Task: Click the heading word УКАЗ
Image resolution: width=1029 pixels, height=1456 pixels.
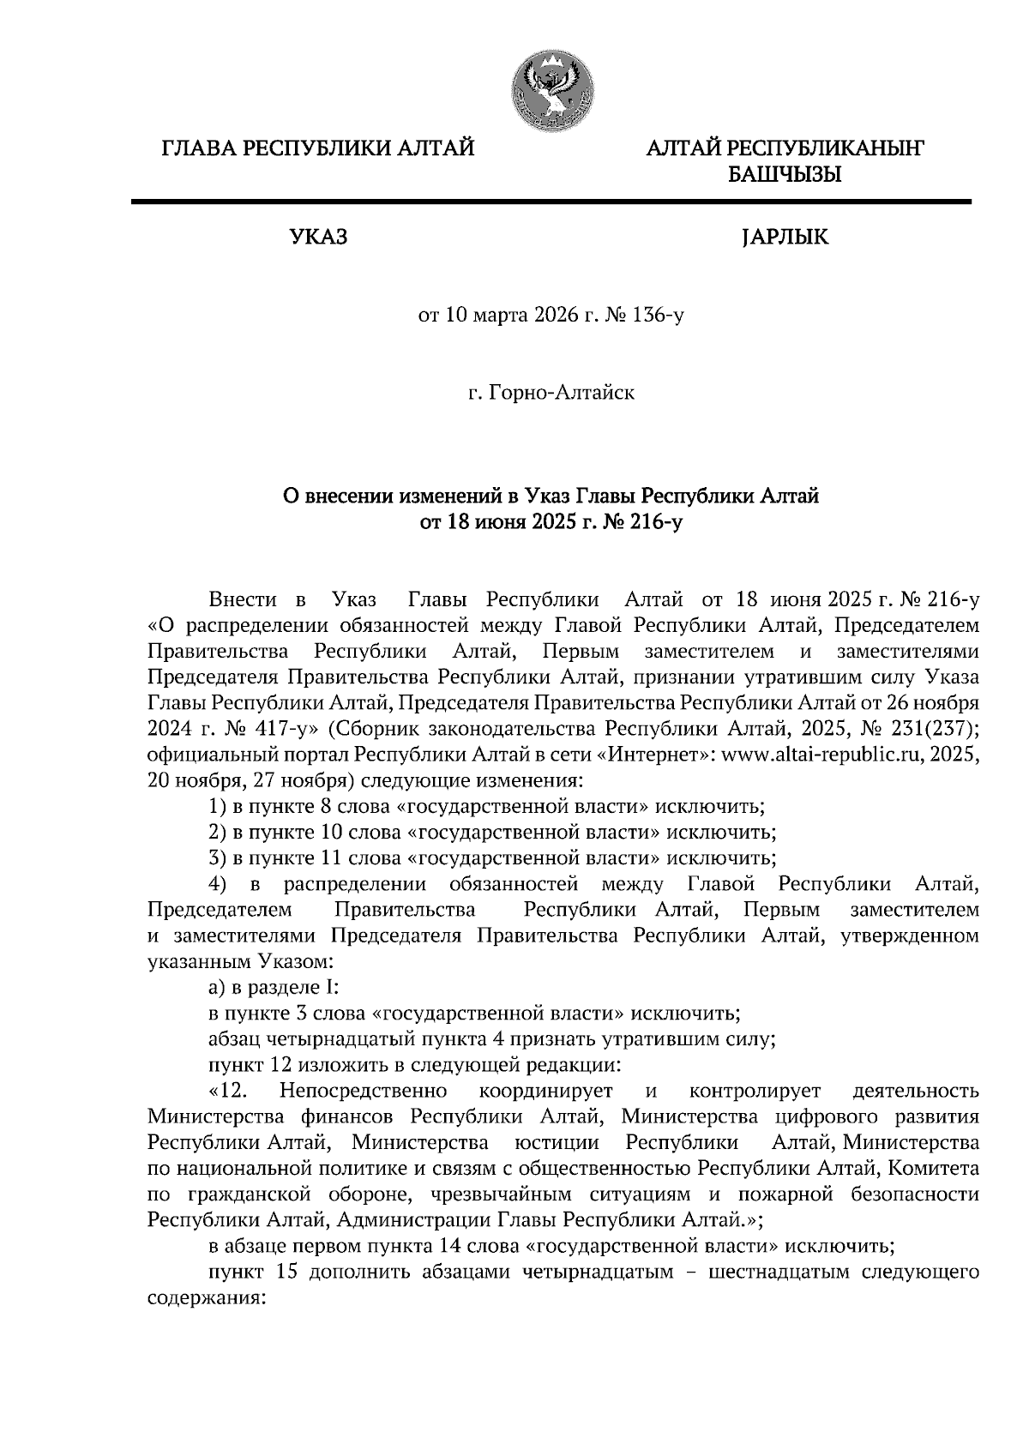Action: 319,237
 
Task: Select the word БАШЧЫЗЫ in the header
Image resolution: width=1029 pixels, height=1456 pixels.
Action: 784,176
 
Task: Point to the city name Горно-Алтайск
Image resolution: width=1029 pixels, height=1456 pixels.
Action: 562,394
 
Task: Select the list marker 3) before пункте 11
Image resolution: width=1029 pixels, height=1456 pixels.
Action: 218,858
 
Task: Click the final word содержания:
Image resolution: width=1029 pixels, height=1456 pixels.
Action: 203,1297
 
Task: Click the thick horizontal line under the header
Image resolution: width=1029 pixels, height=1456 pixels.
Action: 550,202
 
